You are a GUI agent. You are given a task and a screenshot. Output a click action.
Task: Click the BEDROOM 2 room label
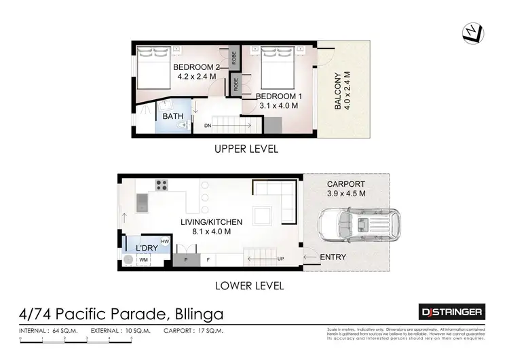coord(196,67)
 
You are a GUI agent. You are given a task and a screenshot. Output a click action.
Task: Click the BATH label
coord(172,116)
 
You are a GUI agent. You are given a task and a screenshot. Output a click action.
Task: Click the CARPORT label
coord(346,184)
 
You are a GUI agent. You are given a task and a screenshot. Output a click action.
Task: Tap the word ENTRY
coord(333,257)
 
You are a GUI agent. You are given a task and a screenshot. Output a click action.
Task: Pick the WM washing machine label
coord(143,259)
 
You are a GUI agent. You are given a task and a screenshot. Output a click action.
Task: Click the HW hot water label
coord(164,242)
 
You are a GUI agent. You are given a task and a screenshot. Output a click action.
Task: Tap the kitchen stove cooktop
coord(162,184)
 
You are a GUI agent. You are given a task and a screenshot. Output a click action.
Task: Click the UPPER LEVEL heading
coord(246,149)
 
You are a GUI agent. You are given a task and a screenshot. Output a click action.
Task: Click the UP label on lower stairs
coord(280,259)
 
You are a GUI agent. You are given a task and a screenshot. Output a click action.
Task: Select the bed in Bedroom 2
coord(153,67)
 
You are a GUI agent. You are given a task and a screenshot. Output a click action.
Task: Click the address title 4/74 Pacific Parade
coord(121,314)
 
